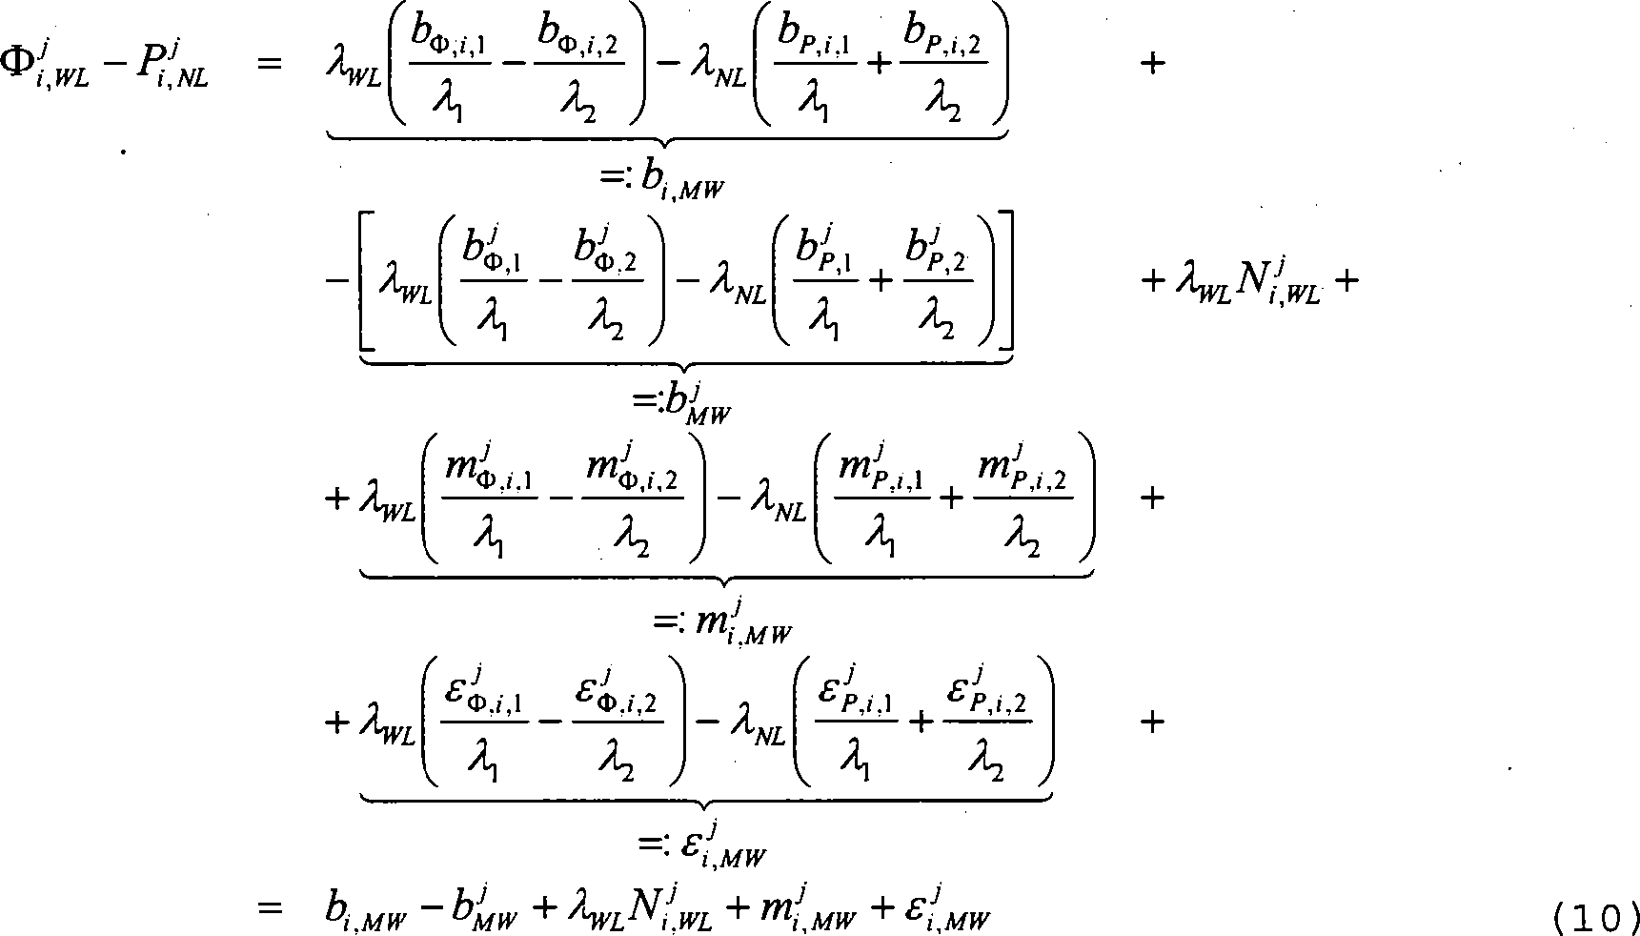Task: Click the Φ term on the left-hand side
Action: point(48,65)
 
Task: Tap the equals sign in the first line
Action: point(269,66)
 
